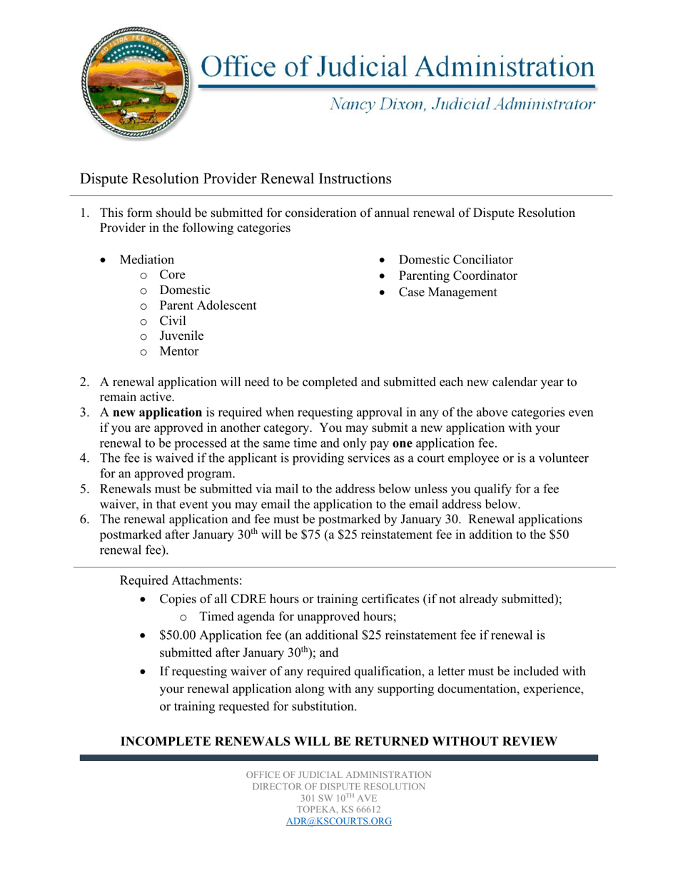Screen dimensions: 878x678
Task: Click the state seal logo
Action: click(138, 85)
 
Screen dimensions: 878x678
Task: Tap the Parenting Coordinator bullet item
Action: click(457, 276)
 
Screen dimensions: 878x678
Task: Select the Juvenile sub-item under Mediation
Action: click(181, 335)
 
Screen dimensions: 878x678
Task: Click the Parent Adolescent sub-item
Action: click(208, 306)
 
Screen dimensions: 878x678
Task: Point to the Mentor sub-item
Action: click(179, 351)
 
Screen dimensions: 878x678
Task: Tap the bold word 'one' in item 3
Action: click(403, 443)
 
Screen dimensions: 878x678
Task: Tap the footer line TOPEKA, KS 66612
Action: click(339, 809)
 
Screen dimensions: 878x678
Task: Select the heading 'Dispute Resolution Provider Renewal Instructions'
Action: click(236, 178)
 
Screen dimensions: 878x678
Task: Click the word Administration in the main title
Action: click(504, 66)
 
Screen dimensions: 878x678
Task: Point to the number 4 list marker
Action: click(84, 458)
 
